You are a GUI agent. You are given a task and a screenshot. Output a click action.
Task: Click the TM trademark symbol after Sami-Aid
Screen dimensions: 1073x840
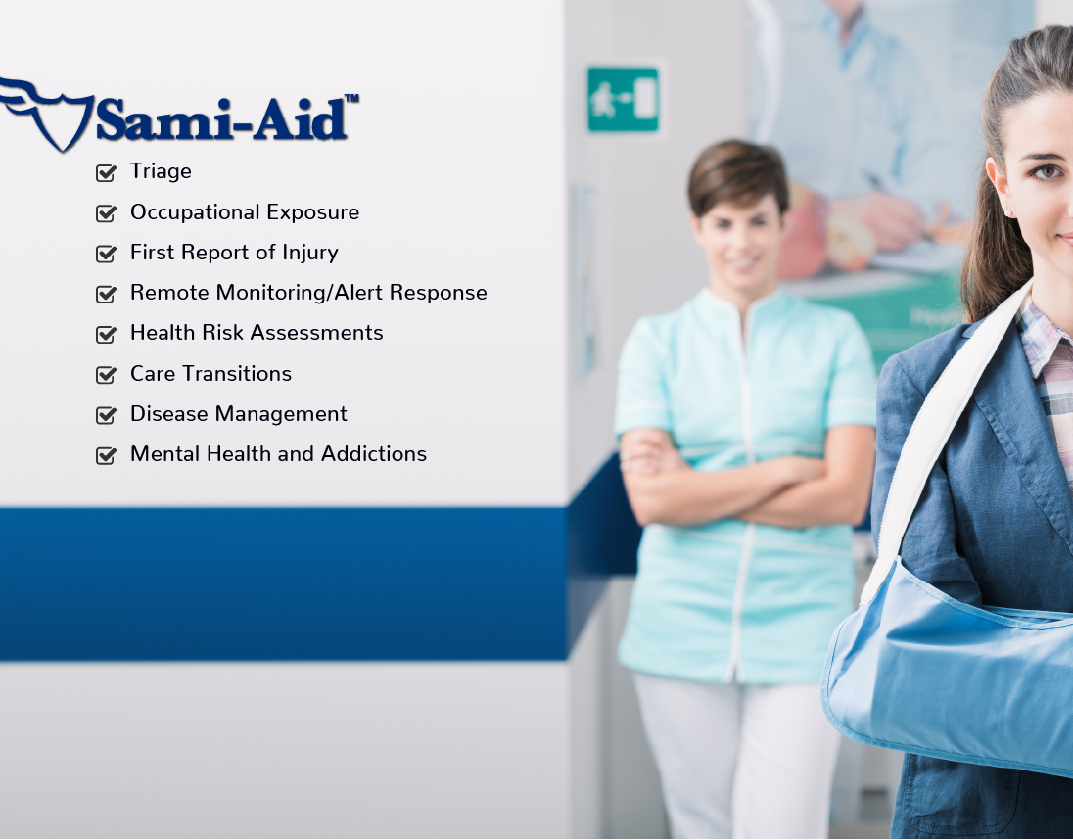click(x=351, y=99)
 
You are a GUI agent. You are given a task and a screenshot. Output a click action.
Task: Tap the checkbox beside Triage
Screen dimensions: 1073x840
click(x=106, y=172)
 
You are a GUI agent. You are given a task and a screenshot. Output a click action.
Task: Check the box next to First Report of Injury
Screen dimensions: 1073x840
click(x=106, y=254)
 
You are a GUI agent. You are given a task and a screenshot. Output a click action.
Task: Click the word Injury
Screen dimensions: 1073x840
click(x=310, y=254)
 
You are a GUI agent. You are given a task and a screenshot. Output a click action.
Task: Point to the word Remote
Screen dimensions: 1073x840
click(x=169, y=293)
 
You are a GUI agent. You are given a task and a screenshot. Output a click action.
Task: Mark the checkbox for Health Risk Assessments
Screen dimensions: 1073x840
click(x=106, y=334)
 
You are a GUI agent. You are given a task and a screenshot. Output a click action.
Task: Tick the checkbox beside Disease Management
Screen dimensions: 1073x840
click(x=106, y=414)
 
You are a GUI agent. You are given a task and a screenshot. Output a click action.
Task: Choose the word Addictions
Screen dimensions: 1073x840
click(x=374, y=454)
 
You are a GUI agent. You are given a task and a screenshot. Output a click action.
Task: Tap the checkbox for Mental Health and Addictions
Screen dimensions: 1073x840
click(x=106, y=455)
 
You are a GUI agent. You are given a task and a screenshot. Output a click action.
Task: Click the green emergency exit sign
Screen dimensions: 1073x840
click(x=623, y=99)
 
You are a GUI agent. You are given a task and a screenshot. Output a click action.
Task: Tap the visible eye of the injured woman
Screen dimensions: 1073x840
click(x=1047, y=171)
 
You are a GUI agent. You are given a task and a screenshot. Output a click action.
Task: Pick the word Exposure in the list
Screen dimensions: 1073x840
click(x=312, y=212)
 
